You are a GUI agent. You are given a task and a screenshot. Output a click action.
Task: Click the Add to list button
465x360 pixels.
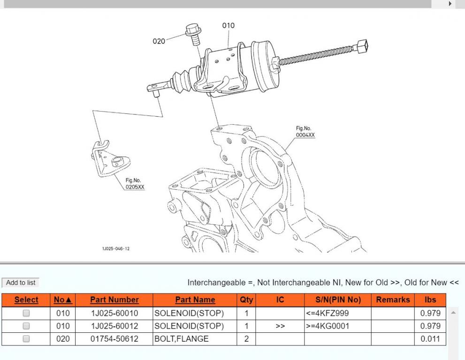click(21, 283)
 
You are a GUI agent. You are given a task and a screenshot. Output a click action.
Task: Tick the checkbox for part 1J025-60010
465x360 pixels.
click(26, 313)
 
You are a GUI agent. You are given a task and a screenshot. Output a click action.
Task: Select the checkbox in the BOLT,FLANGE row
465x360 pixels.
click(26, 338)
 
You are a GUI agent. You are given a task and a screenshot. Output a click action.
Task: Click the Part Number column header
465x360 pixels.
click(114, 300)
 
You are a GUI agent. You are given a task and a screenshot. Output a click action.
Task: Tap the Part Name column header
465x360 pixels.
click(195, 300)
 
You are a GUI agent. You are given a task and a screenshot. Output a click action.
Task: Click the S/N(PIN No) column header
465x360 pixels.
click(337, 300)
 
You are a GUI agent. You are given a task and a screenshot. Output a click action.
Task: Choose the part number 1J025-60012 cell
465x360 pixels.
click(114, 326)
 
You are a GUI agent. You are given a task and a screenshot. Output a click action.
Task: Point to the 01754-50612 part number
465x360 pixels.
click(114, 338)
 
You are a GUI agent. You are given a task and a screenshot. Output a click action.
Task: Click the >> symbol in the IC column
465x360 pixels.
click(280, 326)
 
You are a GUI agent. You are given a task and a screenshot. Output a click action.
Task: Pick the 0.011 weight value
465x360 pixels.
click(430, 338)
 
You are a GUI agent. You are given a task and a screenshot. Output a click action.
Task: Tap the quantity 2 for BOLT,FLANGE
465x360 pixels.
click(246, 338)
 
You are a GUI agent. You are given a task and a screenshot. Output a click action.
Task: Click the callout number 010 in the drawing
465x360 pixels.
click(228, 26)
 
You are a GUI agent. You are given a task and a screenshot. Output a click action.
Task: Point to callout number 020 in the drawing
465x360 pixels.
click(159, 41)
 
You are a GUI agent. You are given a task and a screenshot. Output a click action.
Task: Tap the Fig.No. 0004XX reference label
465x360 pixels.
click(305, 132)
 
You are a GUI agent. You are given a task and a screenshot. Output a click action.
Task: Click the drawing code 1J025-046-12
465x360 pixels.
click(115, 248)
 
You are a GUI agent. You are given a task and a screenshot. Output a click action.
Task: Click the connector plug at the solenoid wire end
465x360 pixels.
click(362, 46)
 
